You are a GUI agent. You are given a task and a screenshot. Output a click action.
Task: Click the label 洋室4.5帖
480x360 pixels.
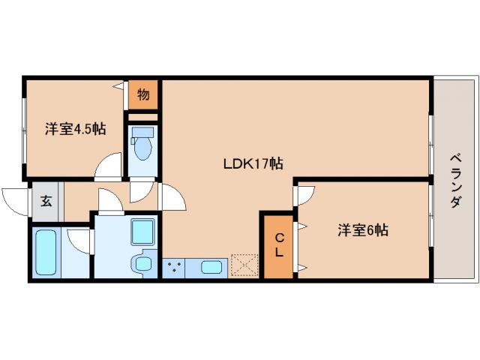pyautogui.click(x=75, y=128)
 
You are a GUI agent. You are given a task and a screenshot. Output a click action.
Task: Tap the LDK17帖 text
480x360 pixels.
pyautogui.click(x=251, y=163)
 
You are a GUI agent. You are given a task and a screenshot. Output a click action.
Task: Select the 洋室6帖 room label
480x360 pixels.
pyautogui.click(x=361, y=230)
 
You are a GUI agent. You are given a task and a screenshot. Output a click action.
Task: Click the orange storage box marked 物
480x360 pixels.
pyautogui.click(x=142, y=95)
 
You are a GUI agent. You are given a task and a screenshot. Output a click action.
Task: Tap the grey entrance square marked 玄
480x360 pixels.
pyautogui.click(x=45, y=202)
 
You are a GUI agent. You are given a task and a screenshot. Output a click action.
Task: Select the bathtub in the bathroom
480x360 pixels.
pyautogui.click(x=47, y=253)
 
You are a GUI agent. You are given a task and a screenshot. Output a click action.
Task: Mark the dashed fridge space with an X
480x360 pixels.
pyautogui.click(x=244, y=266)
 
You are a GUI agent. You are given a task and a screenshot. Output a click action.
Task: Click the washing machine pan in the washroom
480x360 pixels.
pyautogui.click(x=142, y=232)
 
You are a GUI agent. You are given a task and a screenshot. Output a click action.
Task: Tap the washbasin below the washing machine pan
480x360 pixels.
pyautogui.click(x=142, y=265)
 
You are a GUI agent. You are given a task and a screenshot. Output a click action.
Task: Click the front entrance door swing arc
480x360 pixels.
pyautogui.click(x=16, y=199)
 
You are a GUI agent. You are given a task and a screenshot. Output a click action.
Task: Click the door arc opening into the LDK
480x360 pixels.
pyautogui.click(x=172, y=198)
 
